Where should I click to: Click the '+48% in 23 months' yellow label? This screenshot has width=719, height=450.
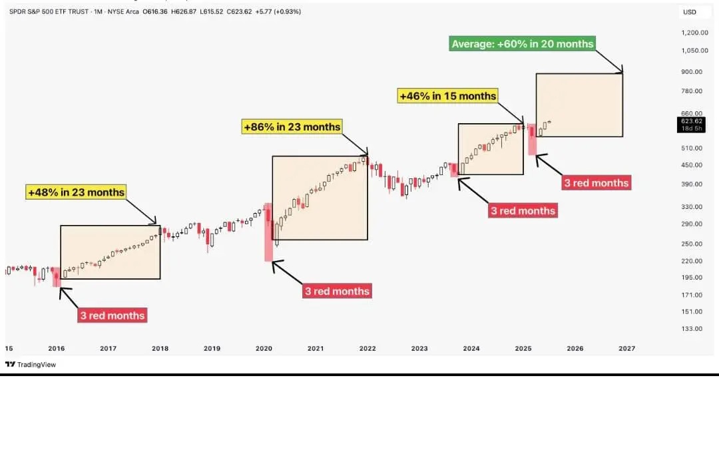(x=76, y=192)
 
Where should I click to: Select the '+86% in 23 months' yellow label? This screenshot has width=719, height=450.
(x=292, y=126)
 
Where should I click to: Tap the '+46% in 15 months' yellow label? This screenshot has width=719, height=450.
(x=447, y=96)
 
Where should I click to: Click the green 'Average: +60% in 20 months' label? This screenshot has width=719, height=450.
(x=522, y=44)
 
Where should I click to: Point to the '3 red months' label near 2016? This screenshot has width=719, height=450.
(x=112, y=315)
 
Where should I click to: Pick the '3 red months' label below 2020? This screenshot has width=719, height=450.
(x=337, y=291)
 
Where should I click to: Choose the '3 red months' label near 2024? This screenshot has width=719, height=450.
(x=523, y=210)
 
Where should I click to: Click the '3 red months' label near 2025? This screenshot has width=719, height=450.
(x=596, y=182)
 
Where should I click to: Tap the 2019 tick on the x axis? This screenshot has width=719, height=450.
(x=212, y=348)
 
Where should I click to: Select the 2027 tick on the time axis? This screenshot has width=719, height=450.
(x=626, y=348)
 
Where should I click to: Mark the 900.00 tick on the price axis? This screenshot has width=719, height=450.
(x=692, y=72)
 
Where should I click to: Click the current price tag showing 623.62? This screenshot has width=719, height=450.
(x=691, y=121)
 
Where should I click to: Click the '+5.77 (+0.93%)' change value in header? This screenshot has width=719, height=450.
(x=276, y=11)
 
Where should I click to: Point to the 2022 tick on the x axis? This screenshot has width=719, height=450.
(x=367, y=348)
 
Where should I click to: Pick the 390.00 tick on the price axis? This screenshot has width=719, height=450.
(x=692, y=184)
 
